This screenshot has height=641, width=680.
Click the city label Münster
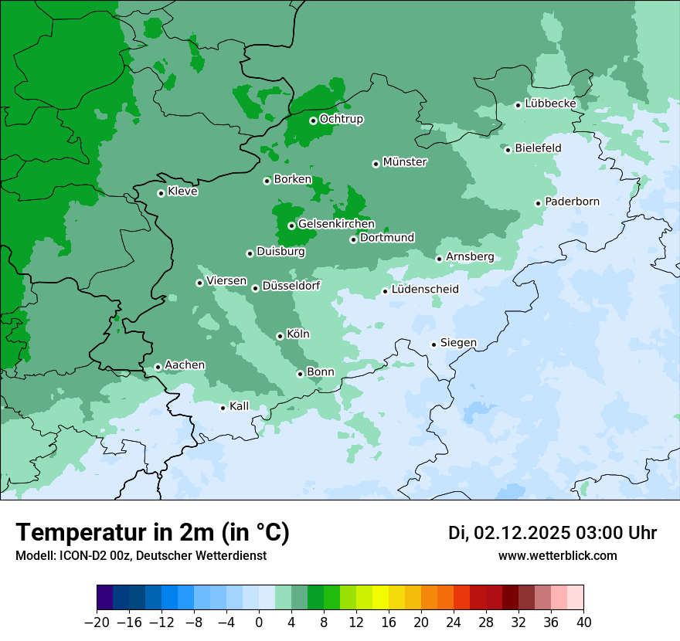405,162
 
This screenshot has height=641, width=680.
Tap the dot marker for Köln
280,336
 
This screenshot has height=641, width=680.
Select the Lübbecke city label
550,103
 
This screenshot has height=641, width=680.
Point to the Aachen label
185,365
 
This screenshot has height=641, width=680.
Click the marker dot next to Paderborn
538,203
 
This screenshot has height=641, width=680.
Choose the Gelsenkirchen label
336,224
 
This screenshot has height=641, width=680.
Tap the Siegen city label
458,343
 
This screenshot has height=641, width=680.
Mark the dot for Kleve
161,193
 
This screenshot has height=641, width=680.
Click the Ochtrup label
342,119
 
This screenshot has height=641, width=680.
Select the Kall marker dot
223,408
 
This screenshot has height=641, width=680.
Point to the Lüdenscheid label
425,290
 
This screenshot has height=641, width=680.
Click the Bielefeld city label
538,148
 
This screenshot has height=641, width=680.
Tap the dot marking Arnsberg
439,259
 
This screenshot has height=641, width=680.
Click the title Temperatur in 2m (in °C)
152,533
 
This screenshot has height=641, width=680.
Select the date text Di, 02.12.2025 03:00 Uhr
552,533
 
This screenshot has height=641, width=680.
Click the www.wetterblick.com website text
557,555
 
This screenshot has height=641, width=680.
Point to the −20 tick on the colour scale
97,622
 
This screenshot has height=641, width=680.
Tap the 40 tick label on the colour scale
583,622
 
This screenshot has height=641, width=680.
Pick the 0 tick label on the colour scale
259,622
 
